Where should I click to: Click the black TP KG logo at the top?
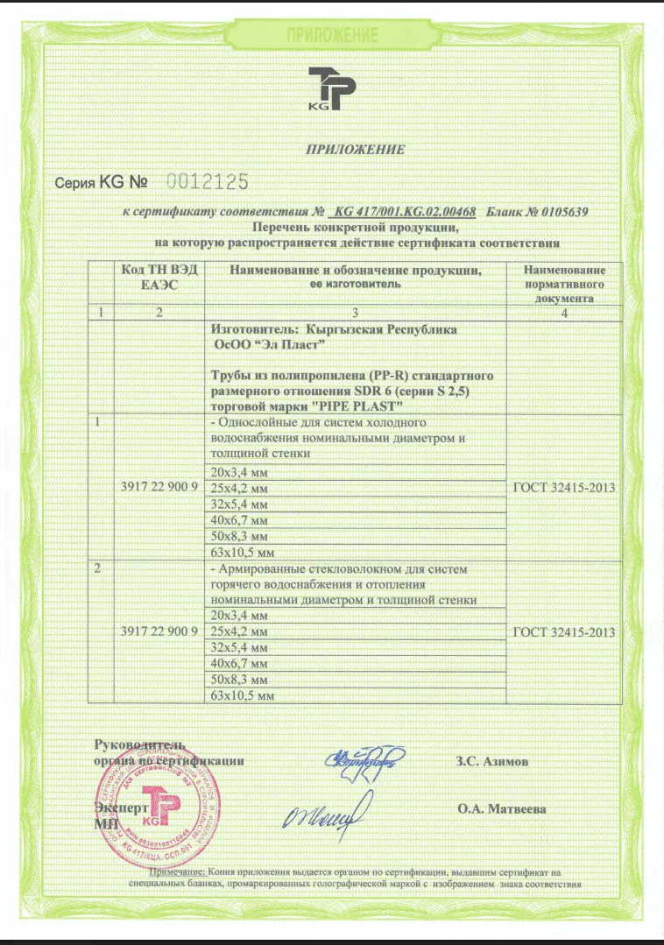pos(332,89)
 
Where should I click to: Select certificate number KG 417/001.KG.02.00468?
pos(406,212)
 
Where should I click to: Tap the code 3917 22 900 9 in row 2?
pos(159,631)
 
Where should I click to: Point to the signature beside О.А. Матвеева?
pos(322,818)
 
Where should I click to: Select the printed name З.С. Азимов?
pos(492,762)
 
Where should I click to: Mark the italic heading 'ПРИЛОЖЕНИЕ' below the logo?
pos(355,149)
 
